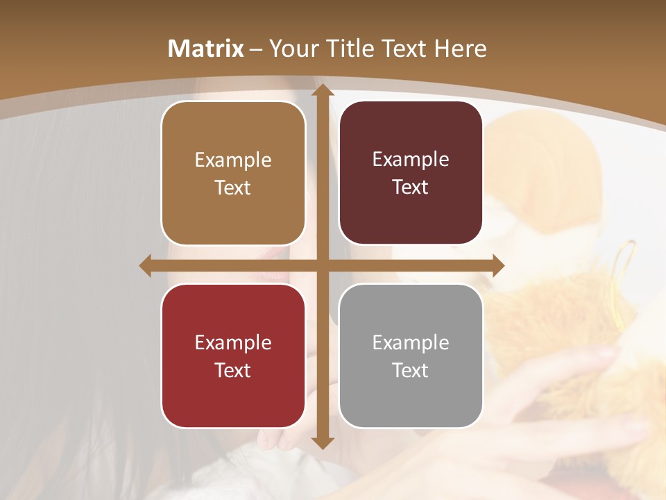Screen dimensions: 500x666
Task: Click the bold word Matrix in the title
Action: (x=206, y=49)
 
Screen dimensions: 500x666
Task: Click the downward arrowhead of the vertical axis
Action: (x=322, y=442)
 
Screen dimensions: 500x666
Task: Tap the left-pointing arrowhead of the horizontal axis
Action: (x=146, y=266)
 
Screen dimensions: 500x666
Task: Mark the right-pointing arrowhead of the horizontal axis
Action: (x=498, y=266)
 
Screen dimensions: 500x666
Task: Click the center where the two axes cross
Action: (x=322, y=266)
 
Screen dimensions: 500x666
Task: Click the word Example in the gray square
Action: (x=411, y=342)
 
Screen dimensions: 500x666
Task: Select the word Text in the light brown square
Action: (x=233, y=188)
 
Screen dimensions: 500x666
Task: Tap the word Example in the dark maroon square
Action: (x=411, y=160)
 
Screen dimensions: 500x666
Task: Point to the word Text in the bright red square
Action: (x=233, y=370)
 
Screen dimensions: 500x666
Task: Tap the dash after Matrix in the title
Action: (x=256, y=49)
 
